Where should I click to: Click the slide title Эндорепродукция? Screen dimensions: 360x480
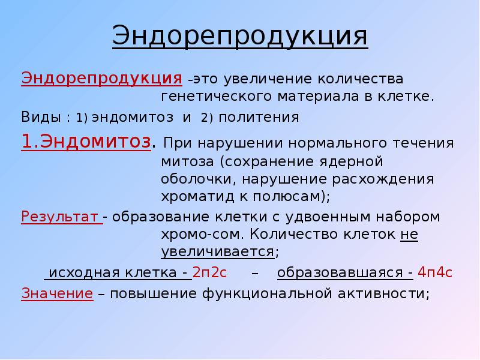[239, 37]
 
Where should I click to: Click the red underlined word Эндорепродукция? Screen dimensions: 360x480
[102, 79]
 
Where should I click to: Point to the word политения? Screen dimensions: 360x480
[258, 117]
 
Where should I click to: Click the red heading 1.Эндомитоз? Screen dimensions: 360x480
[85, 143]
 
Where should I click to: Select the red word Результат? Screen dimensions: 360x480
[60, 216]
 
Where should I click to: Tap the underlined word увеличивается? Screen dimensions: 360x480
[217, 251]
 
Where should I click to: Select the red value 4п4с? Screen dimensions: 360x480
[435, 273]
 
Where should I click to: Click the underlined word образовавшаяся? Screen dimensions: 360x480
[342, 273]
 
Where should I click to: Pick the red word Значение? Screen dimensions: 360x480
[57, 293]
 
